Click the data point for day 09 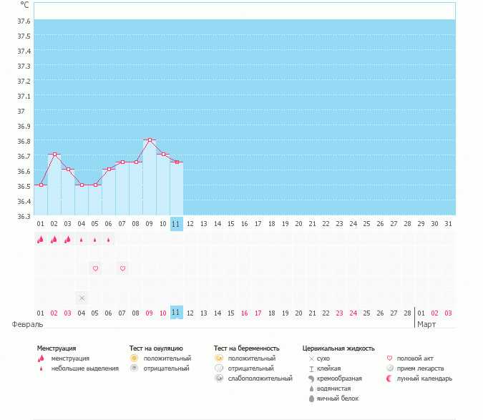pos(150,140)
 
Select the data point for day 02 pos(54,155)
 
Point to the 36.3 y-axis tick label pos(24,216)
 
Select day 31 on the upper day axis pos(448,224)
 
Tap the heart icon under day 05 pos(95,268)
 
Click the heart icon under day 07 pos(122,268)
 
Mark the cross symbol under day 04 pos(82,298)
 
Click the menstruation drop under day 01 pos(41,240)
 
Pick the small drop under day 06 pos(109,240)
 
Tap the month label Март pos(427,324)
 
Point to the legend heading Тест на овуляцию pos(156,348)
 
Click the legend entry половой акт pos(415,358)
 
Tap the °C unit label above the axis pos(24,4)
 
